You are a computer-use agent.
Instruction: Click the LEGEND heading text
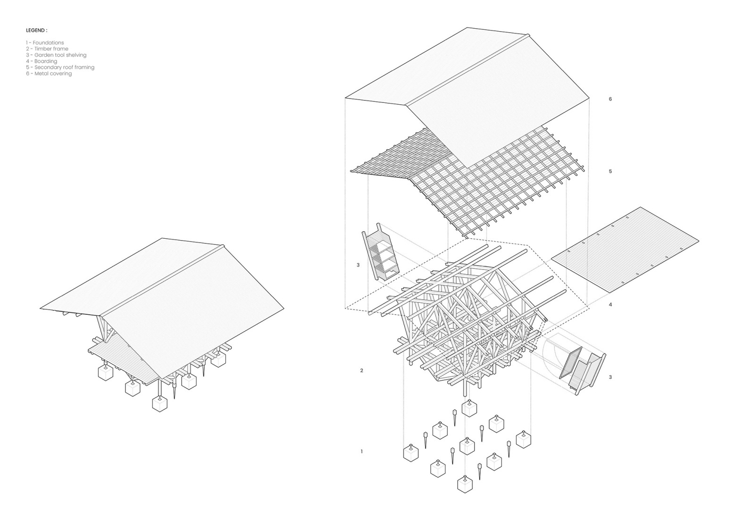coord(36,30)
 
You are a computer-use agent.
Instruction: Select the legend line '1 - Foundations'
coord(45,43)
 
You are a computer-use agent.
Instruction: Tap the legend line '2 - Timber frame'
coord(47,49)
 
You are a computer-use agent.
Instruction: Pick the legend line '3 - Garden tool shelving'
coord(56,55)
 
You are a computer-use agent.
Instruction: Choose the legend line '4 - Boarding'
coord(42,61)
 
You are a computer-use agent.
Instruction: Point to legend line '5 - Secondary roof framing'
coord(60,67)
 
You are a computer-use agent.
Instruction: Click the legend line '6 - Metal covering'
coord(49,74)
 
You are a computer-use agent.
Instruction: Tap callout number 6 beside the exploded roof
coord(610,99)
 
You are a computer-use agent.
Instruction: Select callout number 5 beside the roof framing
coord(610,171)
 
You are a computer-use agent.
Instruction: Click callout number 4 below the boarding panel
coord(610,305)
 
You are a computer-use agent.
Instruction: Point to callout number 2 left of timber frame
coord(361,370)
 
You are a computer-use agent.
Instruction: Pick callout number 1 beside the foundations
coord(361,452)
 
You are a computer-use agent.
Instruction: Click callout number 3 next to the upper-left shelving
coord(358,265)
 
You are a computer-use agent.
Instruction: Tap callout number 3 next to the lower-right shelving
coord(610,377)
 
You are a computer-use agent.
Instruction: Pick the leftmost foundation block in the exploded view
coord(411,453)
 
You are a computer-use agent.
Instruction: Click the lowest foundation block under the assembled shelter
coord(160,404)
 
